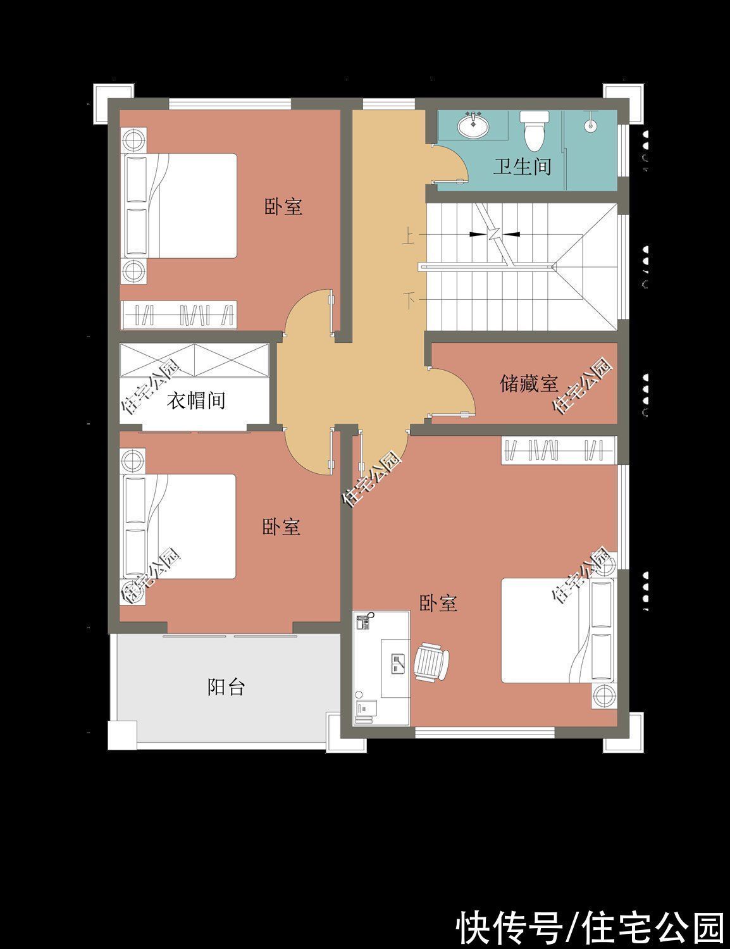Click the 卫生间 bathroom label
[522, 167]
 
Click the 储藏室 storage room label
[529, 383]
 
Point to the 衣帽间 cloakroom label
[196, 400]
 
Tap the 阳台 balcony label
[226, 687]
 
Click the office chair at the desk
[432, 662]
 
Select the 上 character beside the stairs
[408, 238]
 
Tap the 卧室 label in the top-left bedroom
[283, 207]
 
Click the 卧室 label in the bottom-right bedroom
[438, 604]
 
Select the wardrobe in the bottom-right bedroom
[559, 450]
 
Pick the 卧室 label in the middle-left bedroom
[281, 527]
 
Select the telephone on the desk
[364, 620]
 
